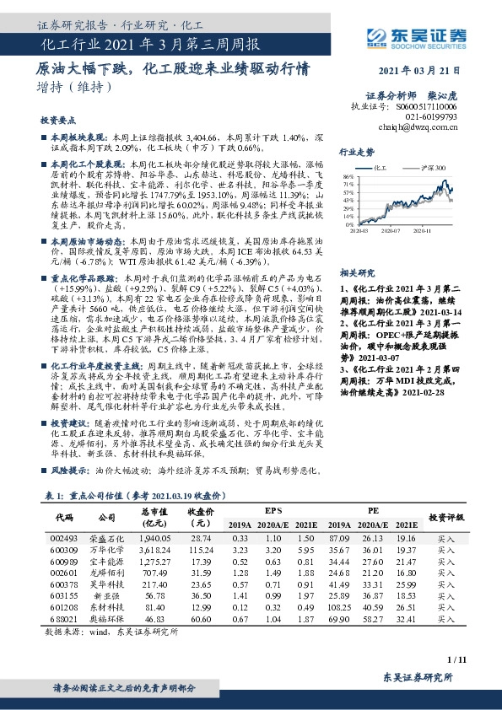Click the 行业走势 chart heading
pyautogui.click(x=356, y=152)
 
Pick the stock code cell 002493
pyautogui.click(x=64, y=537)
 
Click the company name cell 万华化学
pyautogui.click(x=106, y=549)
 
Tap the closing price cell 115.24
pyautogui.click(x=200, y=549)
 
